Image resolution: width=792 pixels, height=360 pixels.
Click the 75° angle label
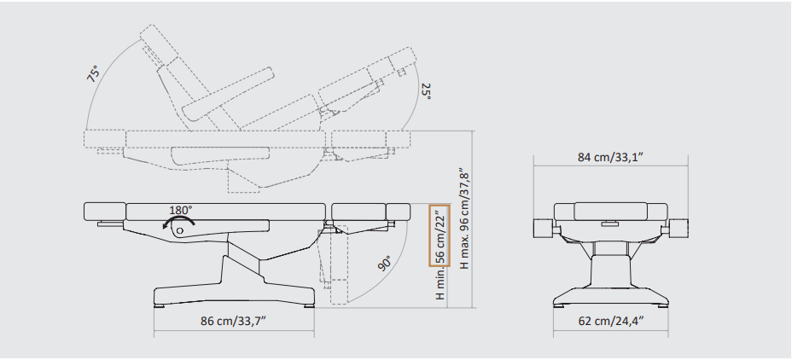[x=94, y=73]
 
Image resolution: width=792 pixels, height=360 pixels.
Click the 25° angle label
[x=426, y=91]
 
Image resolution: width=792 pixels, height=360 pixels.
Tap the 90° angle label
[x=385, y=264]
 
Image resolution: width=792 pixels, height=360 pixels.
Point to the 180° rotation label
[x=181, y=210]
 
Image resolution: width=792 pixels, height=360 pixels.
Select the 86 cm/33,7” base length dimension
[x=233, y=321]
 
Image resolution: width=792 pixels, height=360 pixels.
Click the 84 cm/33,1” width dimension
[x=610, y=157]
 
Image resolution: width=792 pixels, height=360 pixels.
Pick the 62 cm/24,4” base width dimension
[x=611, y=321]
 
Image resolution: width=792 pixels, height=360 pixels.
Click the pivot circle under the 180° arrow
[x=179, y=230]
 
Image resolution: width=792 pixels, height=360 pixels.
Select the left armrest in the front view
[x=544, y=229]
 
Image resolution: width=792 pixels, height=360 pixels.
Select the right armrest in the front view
[x=678, y=229]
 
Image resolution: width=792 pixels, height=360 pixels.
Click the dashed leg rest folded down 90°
[x=333, y=264]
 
